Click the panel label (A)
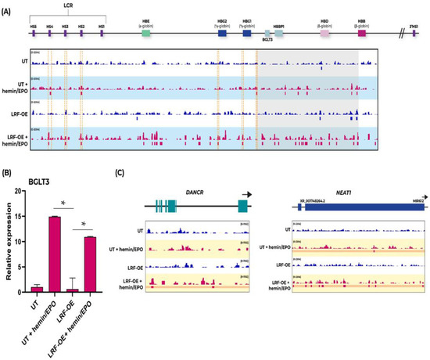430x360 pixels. (9, 6)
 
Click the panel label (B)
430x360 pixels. (9, 172)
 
